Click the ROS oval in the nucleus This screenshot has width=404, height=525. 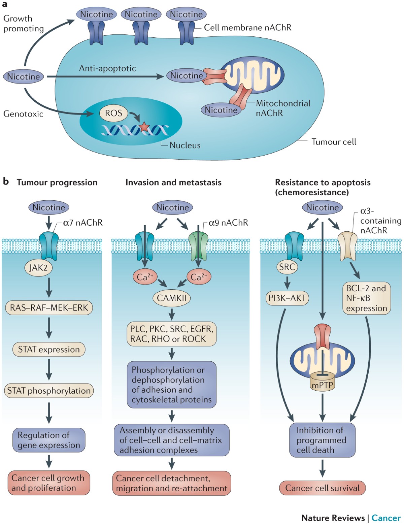pos(113,113)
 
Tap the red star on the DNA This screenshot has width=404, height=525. pos(144,127)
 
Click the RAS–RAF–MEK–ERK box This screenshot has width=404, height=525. pos(49,307)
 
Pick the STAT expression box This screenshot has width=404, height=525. pos(49,349)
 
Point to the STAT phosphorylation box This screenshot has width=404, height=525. pos(49,391)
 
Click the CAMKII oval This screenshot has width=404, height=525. pos(172,298)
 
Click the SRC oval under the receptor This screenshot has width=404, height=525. pos(287,267)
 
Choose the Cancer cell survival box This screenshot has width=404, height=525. pos(323,488)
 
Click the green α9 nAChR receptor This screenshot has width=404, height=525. pos(198,247)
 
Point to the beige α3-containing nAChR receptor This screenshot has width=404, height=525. pos(347,247)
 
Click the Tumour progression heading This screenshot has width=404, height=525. pos(57,183)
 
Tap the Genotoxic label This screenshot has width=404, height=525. pos(23,114)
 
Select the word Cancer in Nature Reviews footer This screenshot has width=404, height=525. pos(386,518)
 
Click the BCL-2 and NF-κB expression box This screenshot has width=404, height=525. pos(367,298)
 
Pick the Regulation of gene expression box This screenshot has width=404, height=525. pos(49,440)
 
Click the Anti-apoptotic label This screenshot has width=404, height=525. pos(107,69)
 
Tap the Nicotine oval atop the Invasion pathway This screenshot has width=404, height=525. pos(172,207)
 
